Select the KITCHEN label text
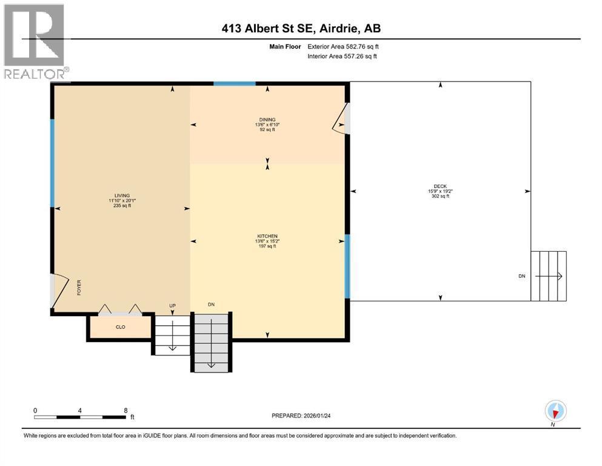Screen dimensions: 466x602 [267, 236]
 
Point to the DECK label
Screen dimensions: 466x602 [440, 187]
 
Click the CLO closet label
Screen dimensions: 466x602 [120, 326]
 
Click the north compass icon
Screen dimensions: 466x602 [556, 411]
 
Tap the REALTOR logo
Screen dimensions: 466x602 [35, 41]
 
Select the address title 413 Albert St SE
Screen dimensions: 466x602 [301, 28]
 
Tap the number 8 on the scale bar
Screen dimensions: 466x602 [125, 410]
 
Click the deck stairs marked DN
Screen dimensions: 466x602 [548, 276]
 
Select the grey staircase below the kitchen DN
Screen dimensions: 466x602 [212, 342]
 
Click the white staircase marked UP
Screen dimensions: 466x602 [172, 334]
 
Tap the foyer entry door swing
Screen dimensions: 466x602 [59, 291]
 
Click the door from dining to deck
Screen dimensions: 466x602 [341, 118]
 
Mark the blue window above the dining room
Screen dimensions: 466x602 [234, 84]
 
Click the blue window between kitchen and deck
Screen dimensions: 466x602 [347, 266]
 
